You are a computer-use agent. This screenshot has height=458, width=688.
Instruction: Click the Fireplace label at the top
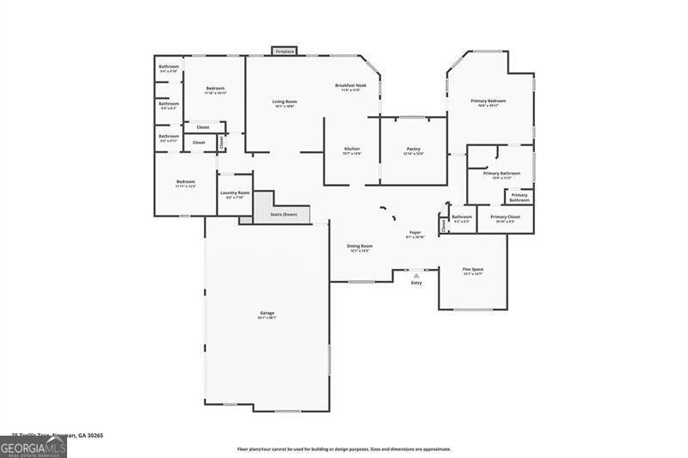(285, 52)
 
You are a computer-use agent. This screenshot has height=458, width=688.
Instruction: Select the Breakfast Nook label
(347, 86)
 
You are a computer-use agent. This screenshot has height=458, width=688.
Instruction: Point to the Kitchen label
(352, 150)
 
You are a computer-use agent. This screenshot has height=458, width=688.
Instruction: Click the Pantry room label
(413, 150)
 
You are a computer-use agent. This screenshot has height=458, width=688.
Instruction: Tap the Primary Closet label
(505, 217)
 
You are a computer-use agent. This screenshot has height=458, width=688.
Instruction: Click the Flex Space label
(472, 270)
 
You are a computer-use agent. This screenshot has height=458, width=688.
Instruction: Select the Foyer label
(415, 233)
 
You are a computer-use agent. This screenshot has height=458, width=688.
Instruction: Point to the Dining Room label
(359, 247)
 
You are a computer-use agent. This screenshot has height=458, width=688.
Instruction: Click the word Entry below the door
(416, 283)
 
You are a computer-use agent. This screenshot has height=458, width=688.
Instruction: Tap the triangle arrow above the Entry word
(416, 275)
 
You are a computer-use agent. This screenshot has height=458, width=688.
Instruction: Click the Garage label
(267, 313)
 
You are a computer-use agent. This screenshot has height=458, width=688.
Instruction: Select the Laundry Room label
(235, 193)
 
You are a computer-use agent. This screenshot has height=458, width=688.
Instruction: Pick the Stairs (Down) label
(284, 214)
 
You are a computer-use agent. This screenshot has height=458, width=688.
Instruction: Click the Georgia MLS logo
(34, 446)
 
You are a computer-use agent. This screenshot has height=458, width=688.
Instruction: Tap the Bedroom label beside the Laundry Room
(186, 182)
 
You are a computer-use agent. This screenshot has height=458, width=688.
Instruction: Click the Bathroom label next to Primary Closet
(462, 217)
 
